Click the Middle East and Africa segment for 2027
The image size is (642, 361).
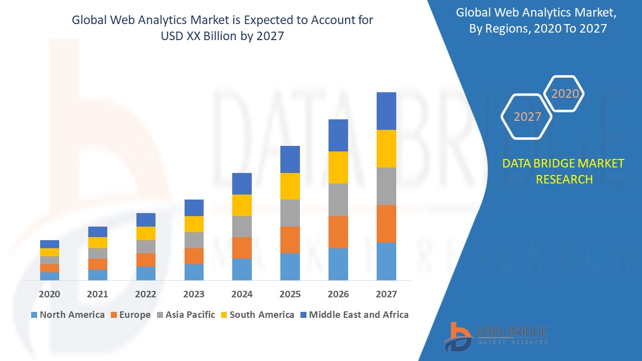386,111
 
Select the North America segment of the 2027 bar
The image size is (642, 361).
386,261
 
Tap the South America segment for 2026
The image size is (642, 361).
338,167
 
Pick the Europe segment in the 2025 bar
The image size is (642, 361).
290,240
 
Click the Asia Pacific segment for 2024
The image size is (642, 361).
242,227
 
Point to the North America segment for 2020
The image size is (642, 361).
50,276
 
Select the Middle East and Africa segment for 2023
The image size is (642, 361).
194,208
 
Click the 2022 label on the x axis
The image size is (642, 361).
145,294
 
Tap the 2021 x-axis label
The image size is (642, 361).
97,294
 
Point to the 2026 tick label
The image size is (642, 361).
338,294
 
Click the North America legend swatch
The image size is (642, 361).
34,315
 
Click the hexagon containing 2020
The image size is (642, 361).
565,94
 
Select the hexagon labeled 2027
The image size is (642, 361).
527,117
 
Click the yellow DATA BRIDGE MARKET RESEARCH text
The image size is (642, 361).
564,171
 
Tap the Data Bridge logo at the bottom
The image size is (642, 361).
496,335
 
